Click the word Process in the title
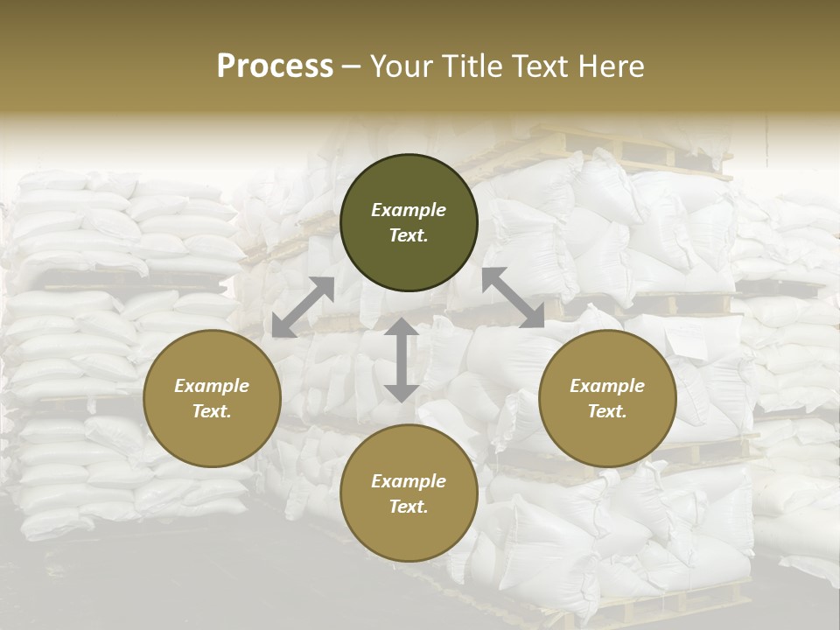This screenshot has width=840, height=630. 275,66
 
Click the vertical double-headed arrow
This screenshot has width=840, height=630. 401,360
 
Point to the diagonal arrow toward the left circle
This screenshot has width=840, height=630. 303,307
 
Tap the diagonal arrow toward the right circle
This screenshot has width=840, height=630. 513,297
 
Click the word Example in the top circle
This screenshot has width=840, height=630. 409,210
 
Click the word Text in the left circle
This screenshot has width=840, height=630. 212,411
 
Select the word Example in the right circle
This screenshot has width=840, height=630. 607,386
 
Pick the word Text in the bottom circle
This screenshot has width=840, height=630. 409,507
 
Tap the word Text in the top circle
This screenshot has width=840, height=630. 409,235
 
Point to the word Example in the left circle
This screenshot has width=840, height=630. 212,386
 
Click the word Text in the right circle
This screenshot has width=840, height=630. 607,411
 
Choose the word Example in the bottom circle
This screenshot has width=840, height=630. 409,481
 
